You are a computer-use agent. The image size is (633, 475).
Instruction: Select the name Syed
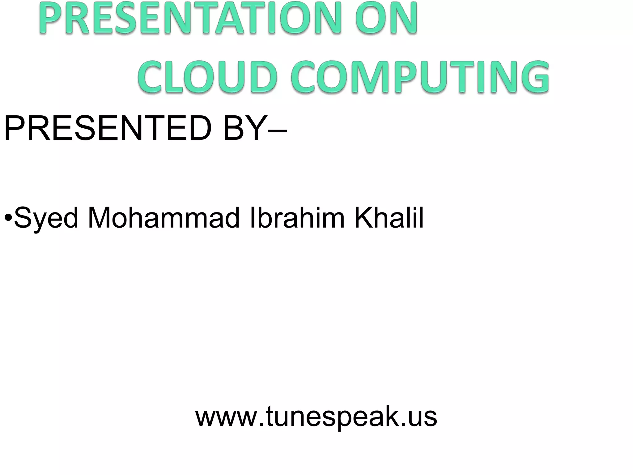click(46, 218)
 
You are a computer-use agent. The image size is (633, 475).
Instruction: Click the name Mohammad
click(164, 218)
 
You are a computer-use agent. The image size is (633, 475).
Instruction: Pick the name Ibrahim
click(297, 218)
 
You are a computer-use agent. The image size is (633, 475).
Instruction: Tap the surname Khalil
click(389, 218)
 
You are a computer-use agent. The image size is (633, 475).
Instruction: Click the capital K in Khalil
click(363, 218)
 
